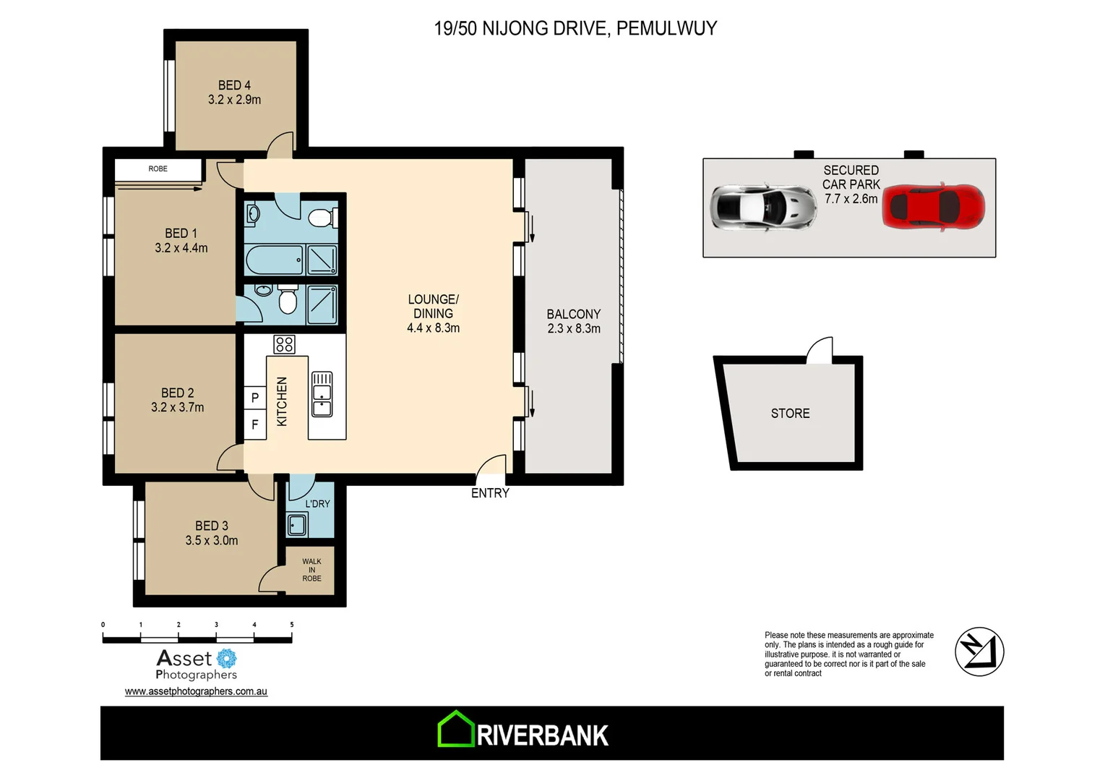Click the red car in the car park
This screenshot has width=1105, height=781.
[x=933, y=207]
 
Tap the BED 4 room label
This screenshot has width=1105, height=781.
[x=234, y=85]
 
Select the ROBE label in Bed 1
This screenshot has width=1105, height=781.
[x=158, y=169]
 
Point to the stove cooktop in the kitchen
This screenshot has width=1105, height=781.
[x=284, y=344]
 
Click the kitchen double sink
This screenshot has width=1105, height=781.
[x=322, y=395]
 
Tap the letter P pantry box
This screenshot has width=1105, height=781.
[x=254, y=398]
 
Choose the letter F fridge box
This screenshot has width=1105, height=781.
[x=254, y=424]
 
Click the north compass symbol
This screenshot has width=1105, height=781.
[x=979, y=652]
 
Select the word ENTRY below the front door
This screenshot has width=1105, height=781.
[x=490, y=493]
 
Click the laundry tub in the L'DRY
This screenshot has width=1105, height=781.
[x=297, y=524]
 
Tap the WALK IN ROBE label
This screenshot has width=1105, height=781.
[x=311, y=570]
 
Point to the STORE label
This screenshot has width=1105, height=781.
[x=790, y=414]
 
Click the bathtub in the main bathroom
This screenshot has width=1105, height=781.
[x=274, y=260]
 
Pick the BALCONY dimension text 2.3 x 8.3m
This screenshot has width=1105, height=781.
[x=574, y=329]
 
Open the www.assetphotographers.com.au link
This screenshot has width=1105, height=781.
[x=196, y=691]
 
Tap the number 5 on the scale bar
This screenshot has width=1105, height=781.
[x=292, y=625]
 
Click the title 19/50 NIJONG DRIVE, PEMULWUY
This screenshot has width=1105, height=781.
[x=575, y=29]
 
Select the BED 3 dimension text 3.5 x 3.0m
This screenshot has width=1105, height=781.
[x=211, y=541]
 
